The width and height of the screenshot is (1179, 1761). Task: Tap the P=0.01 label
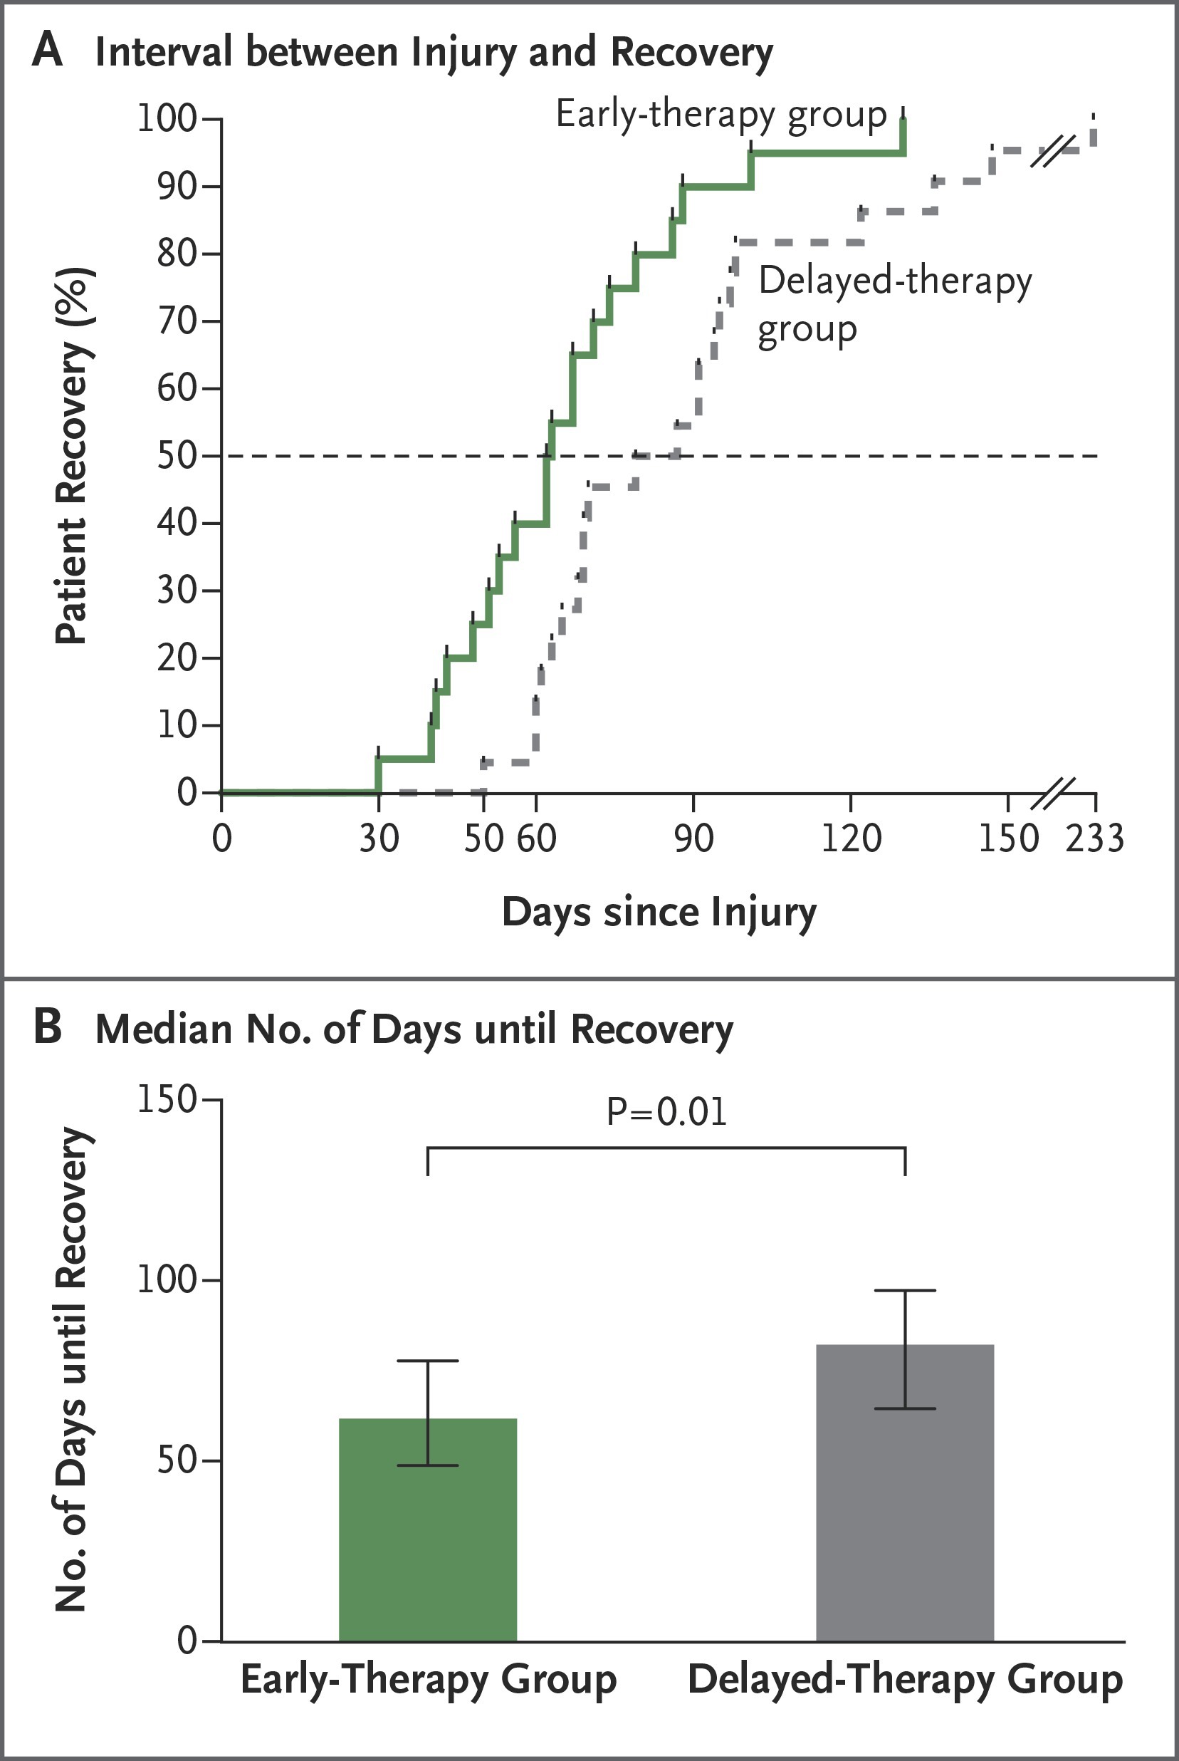click(667, 1112)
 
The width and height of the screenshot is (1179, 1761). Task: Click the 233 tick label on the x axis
click(1095, 838)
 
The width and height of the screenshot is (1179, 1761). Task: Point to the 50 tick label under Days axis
click(483, 838)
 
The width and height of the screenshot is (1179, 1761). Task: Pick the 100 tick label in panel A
click(166, 118)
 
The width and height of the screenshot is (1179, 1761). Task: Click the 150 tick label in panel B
click(166, 1100)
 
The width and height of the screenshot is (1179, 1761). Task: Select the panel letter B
click(48, 1027)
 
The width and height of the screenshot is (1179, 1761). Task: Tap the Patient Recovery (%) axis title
click(74, 456)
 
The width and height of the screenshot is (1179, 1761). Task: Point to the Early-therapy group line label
click(722, 116)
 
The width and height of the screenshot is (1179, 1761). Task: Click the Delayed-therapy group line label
click(895, 306)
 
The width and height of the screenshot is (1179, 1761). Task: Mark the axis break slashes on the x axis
click(1053, 794)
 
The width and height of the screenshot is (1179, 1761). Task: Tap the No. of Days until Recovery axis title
click(74, 1369)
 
